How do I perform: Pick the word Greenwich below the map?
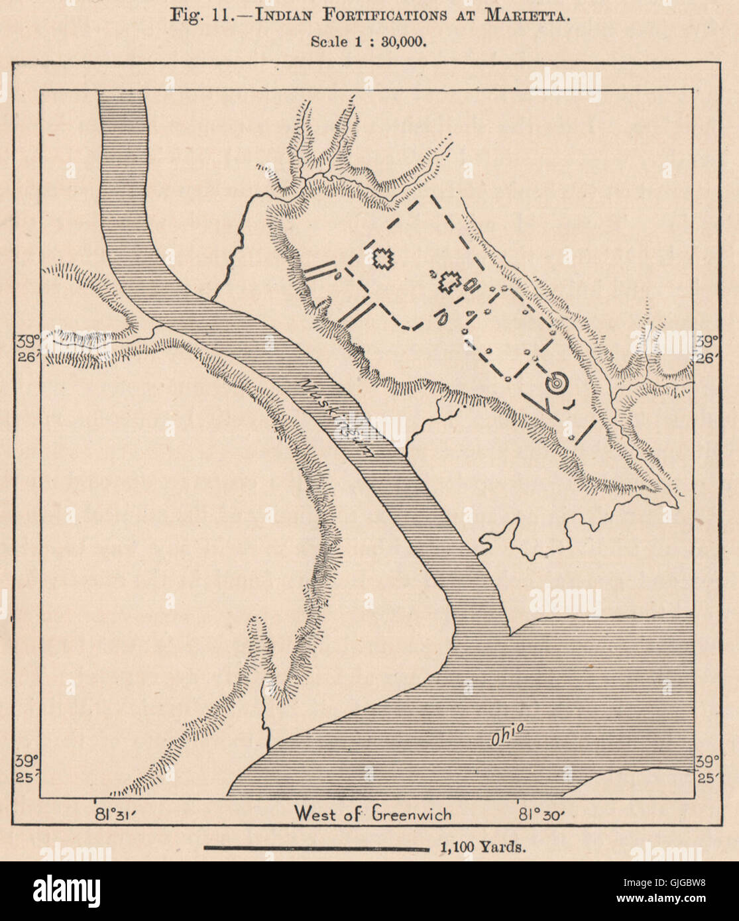412,813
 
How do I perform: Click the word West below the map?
319,813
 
